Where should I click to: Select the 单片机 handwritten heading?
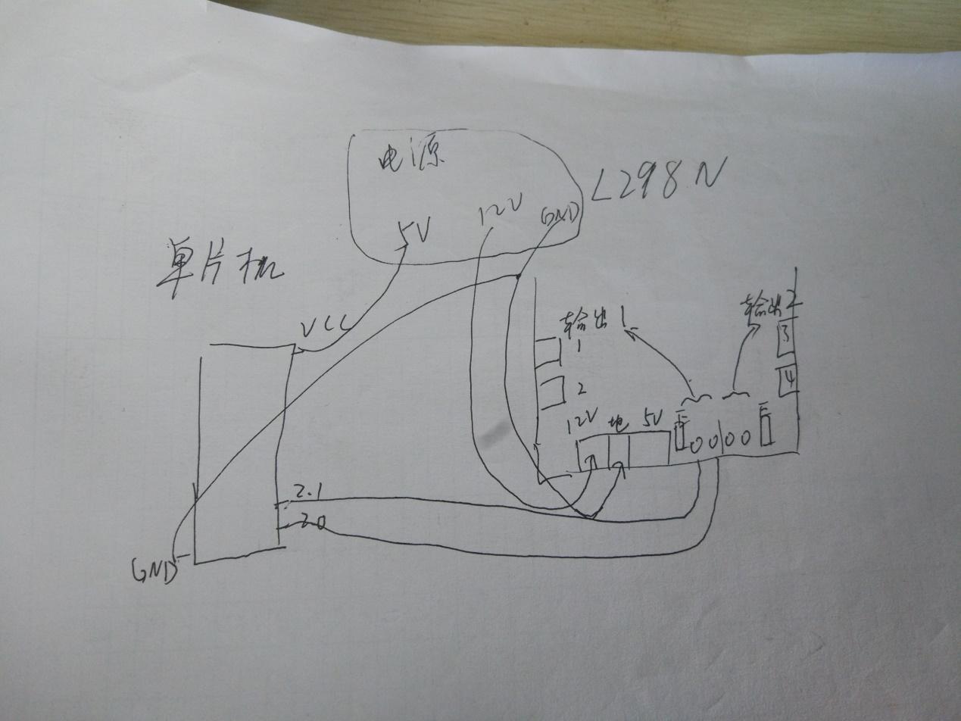point(220,269)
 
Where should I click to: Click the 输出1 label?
point(591,324)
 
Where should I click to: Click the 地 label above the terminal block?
point(618,422)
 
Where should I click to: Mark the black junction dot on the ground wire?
point(518,276)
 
